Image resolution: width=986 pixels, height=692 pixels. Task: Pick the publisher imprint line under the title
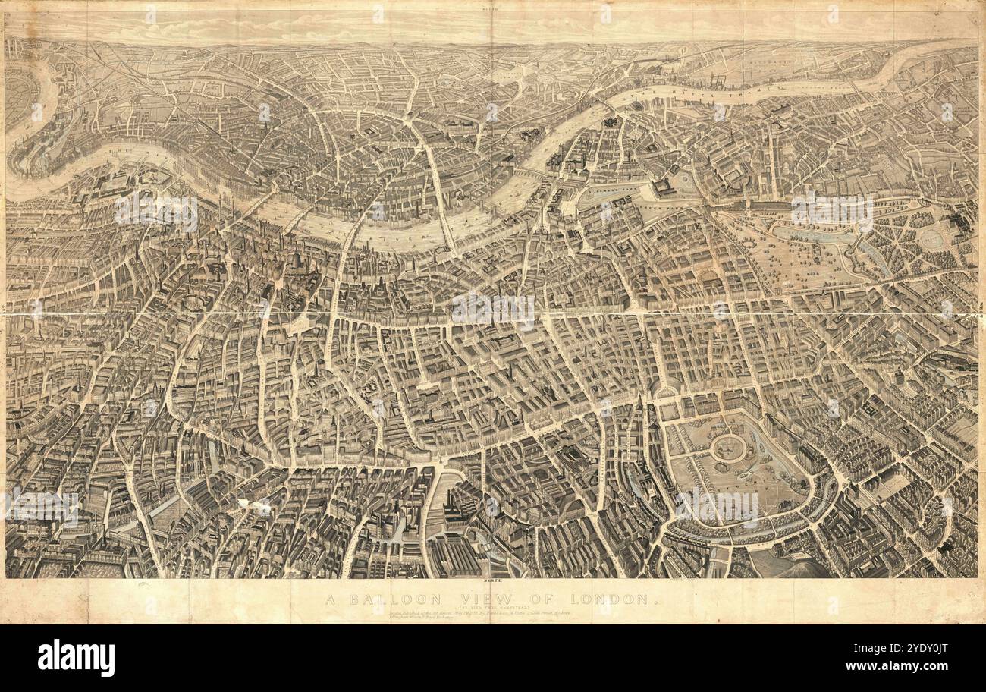pyautogui.click(x=470, y=617)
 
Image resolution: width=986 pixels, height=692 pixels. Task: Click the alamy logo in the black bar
pyautogui.click(x=76, y=657)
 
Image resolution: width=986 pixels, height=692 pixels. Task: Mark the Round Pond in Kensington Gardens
pyautogui.click(x=931, y=240)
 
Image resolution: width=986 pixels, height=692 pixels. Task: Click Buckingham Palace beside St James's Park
pyautogui.click(x=664, y=187)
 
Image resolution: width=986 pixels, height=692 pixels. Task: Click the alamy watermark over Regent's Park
pyautogui.click(x=716, y=507)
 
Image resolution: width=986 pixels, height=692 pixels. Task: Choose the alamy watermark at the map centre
pyautogui.click(x=493, y=310)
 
